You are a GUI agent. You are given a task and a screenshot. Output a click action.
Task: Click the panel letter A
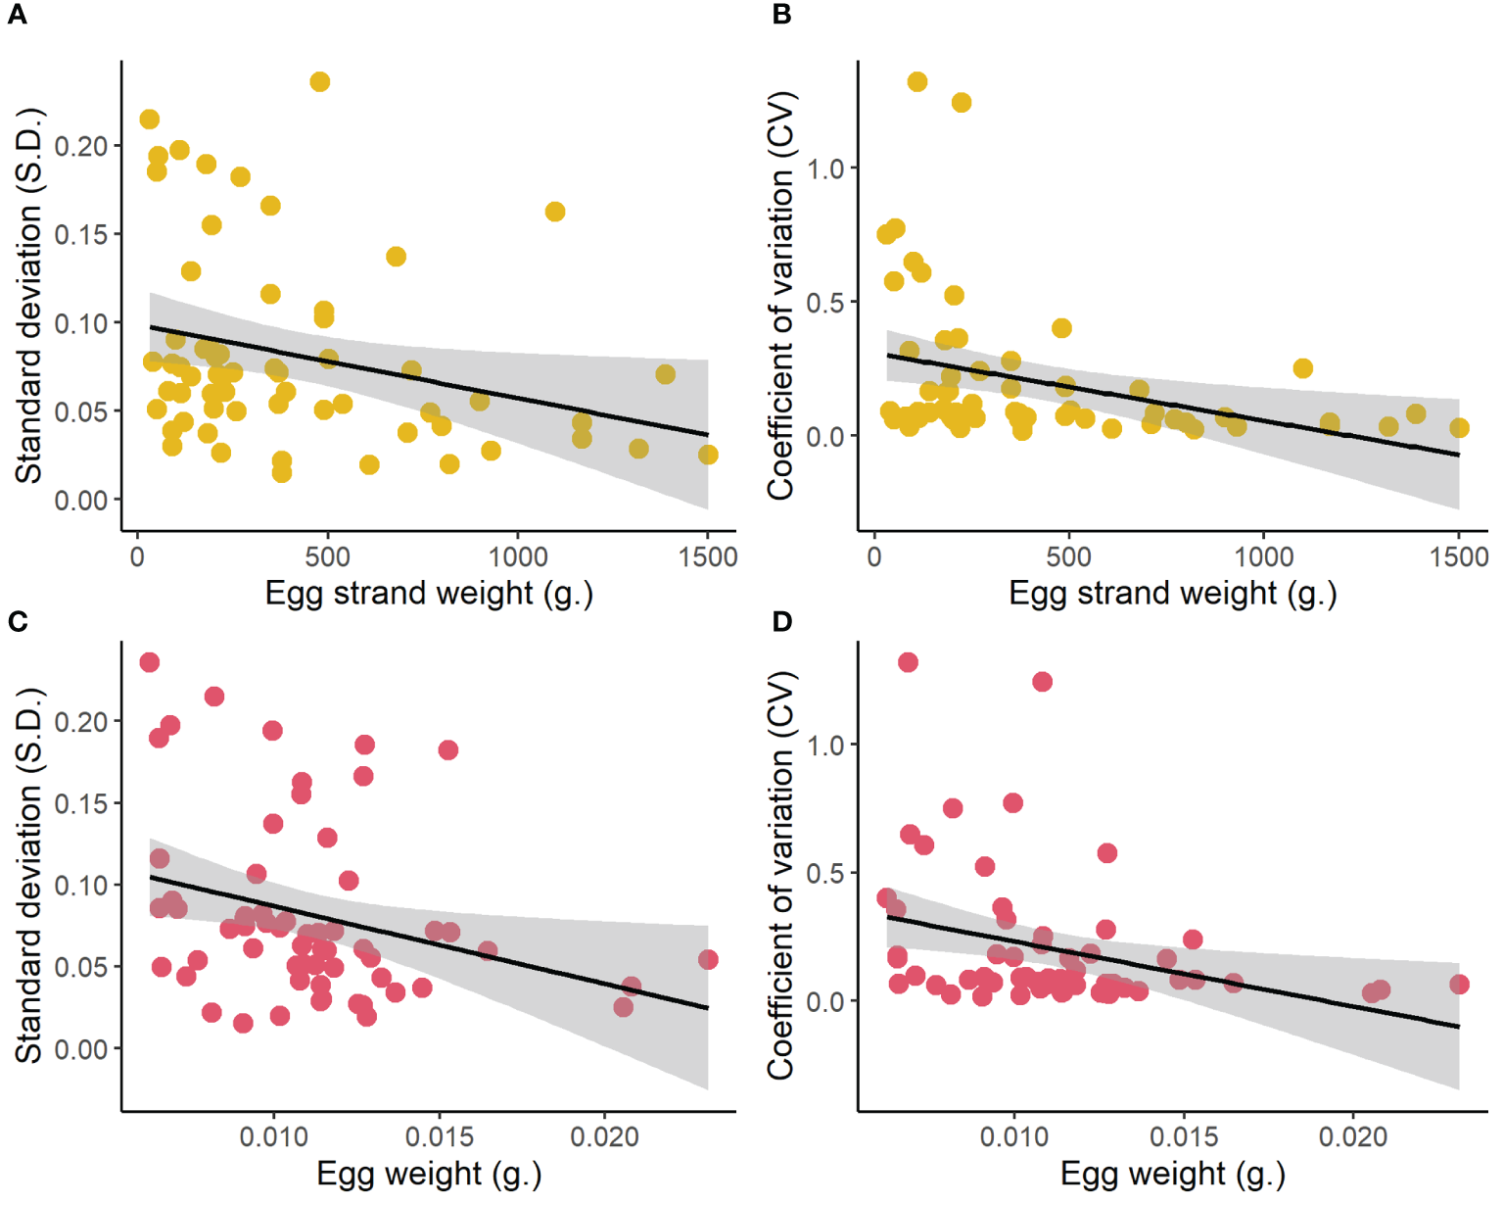point(16,15)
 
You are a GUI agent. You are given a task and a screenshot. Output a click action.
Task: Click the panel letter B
point(781,15)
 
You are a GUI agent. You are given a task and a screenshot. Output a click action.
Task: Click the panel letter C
point(16,621)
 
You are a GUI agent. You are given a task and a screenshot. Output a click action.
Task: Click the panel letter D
point(781,621)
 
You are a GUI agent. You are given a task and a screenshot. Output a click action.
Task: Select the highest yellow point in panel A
point(319,82)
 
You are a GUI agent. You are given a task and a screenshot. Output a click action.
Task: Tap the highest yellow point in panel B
point(916,82)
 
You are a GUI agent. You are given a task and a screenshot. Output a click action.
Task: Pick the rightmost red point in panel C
point(708,959)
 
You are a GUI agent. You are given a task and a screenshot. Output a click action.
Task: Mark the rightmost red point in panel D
point(1459,984)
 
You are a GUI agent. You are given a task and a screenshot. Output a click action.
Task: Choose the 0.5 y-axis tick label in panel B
point(824,303)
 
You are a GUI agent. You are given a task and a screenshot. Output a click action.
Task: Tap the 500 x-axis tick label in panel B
point(1068,556)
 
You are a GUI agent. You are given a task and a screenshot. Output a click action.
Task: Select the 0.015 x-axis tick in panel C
point(440,1136)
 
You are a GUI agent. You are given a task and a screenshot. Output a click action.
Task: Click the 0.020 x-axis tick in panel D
point(1353,1136)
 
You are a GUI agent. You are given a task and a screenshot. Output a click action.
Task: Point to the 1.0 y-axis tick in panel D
point(824,746)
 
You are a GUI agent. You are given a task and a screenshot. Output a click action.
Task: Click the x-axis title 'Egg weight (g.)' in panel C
point(429,1173)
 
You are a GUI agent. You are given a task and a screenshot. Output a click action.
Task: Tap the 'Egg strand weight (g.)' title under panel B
point(1172,593)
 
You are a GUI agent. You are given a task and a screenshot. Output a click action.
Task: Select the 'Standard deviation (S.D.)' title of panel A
point(29,295)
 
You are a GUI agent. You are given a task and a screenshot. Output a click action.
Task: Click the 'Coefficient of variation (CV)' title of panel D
point(780,875)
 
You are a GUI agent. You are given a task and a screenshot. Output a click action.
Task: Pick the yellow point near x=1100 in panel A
point(555,212)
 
